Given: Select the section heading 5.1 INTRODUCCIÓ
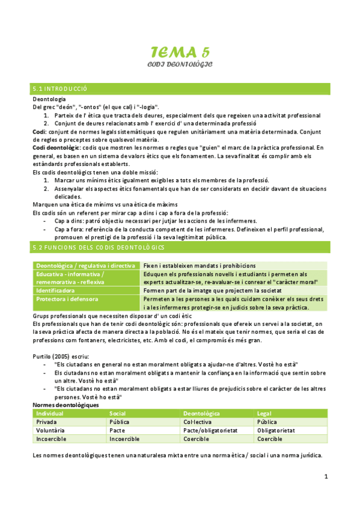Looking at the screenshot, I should pos(60,89).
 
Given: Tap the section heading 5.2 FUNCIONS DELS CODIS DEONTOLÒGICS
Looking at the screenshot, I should pos(99,247).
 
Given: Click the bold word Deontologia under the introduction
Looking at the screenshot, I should pos(49,99).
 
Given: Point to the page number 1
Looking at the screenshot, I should pos(326,477).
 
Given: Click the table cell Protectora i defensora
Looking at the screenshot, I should pos(67,299).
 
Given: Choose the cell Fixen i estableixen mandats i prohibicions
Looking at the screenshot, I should pos(200,265).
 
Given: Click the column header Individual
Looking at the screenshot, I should pos(50,414).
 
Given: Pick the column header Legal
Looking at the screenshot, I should pos(264,414).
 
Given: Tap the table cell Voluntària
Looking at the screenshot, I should pos(50,431).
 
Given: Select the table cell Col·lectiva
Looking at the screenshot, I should pos(199,422).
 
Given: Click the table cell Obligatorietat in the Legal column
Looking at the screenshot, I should pos(276,431).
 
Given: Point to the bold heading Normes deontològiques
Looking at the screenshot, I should pos(66,405).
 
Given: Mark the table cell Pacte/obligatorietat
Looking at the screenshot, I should pos(210,431).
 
